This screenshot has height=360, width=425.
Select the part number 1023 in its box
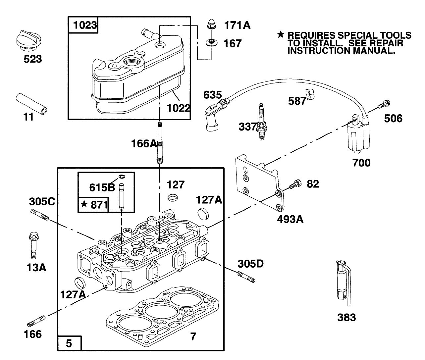(x=83, y=26)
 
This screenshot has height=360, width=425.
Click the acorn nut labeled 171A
(x=211, y=25)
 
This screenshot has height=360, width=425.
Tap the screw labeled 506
(x=384, y=104)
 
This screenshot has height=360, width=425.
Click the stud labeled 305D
(x=246, y=277)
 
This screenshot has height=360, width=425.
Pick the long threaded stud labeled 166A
(x=160, y=142)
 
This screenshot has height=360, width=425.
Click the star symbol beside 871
(x=84, y=204)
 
